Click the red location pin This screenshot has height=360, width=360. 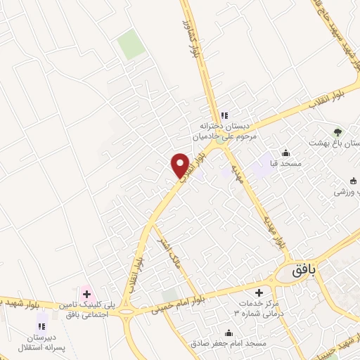[x=180, y=165]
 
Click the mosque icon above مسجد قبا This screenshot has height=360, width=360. [x=285, y=153]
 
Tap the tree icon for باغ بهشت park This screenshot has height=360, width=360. [x=337, y=131]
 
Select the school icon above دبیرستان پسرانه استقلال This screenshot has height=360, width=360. [x=41, y=326]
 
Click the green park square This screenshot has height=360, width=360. [x=130, y=45]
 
